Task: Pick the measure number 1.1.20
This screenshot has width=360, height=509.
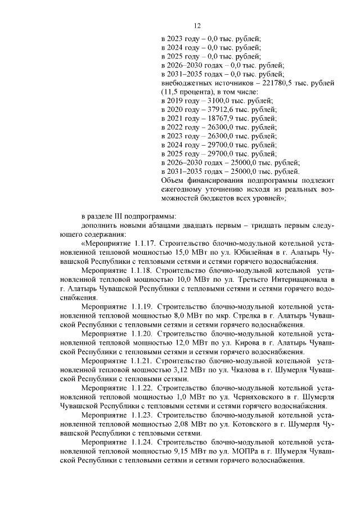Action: point(145,334)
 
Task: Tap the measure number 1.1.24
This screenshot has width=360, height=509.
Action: point(145,443)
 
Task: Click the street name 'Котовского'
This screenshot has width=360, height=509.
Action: point(247,424)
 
